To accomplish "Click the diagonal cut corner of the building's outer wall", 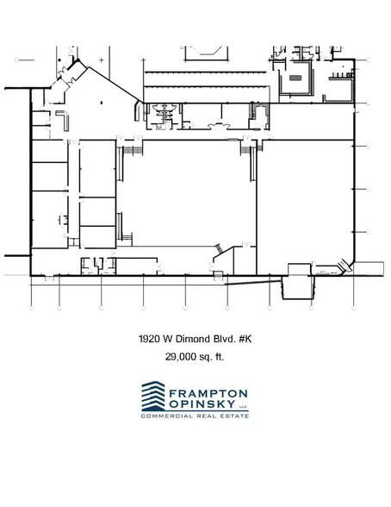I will (349, 262).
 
